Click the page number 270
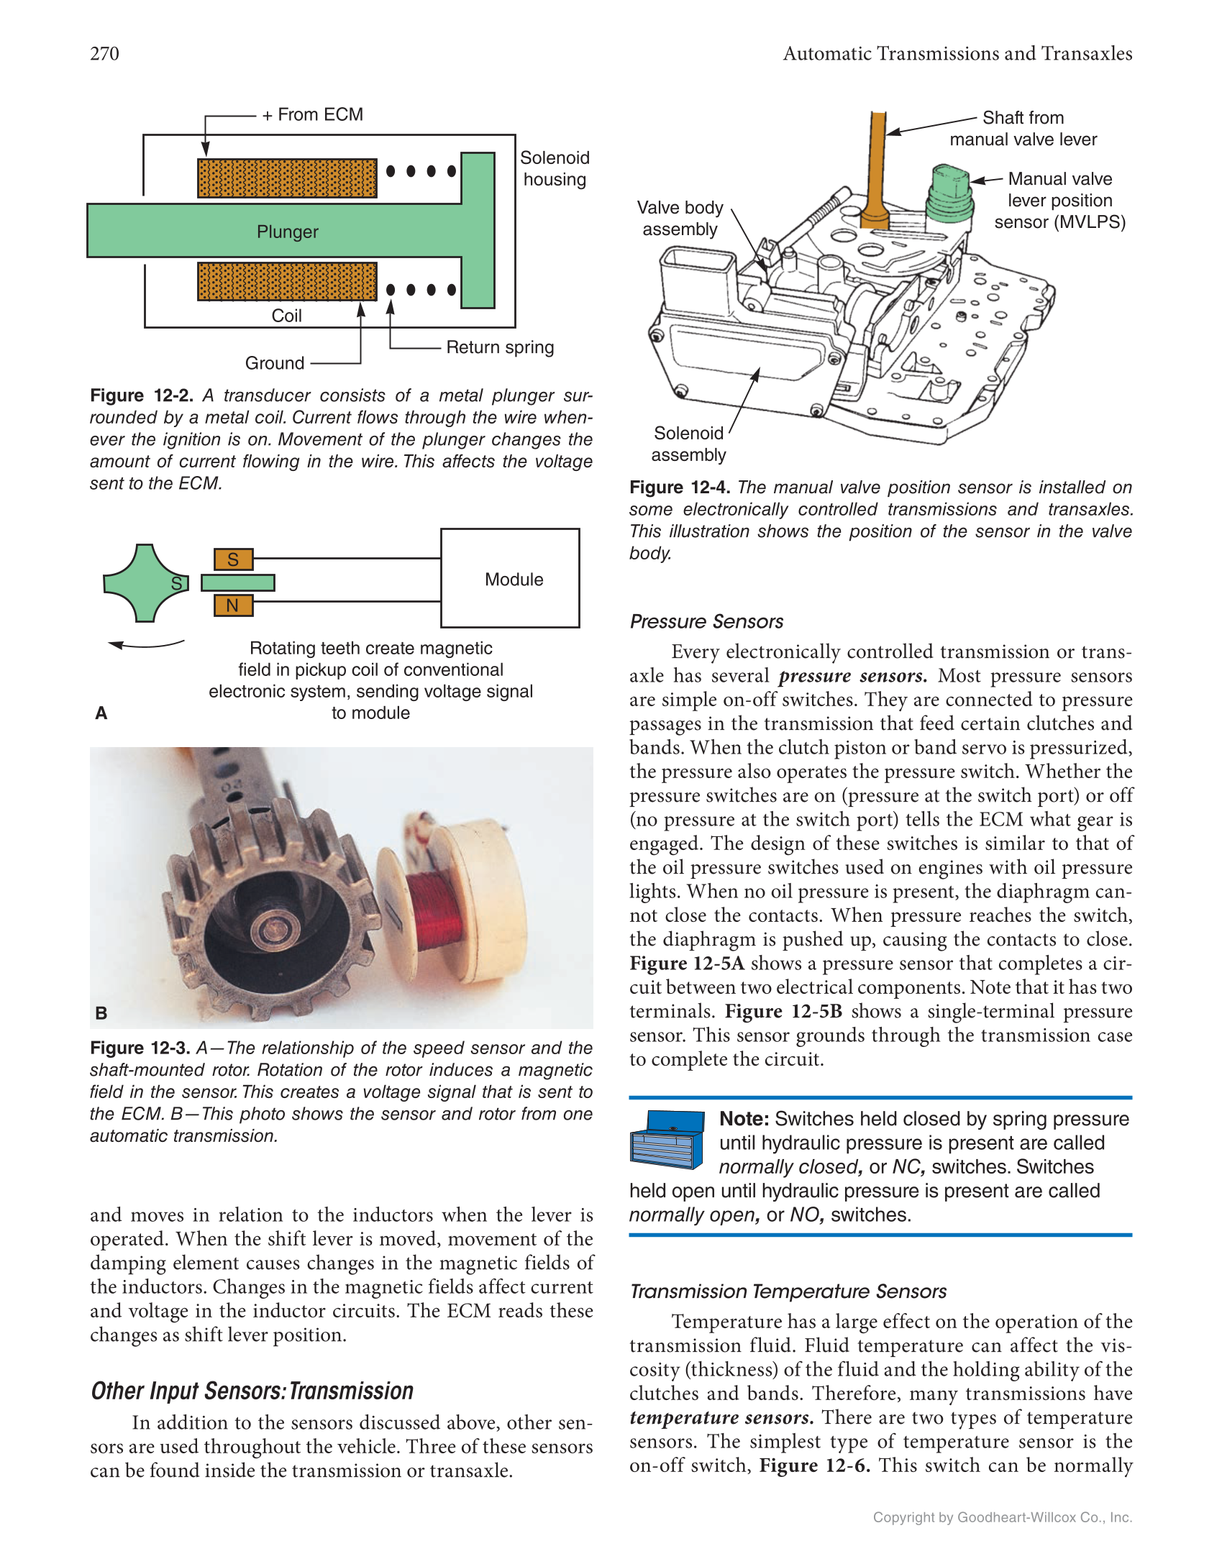coord(104,54)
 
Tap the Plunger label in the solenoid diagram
coord(287,232)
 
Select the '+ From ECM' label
coord(313,115)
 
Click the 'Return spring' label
coord(500,347)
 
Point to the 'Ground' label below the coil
coord(275,363)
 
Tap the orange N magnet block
coord(233,606)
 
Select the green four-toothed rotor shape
coord(145,582)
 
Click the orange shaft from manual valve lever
coord(877,173)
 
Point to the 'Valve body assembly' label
coord(680,219)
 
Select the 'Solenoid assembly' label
coord(688,444)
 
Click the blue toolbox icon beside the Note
coord(667,1140)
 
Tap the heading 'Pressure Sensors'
coord(706,621)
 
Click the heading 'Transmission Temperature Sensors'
coord(788,1291)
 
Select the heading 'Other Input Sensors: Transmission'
coord(252,1391)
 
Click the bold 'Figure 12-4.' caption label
coord(679,488)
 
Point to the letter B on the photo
coord(101,1012)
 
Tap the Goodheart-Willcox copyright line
coord(1002,1517)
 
